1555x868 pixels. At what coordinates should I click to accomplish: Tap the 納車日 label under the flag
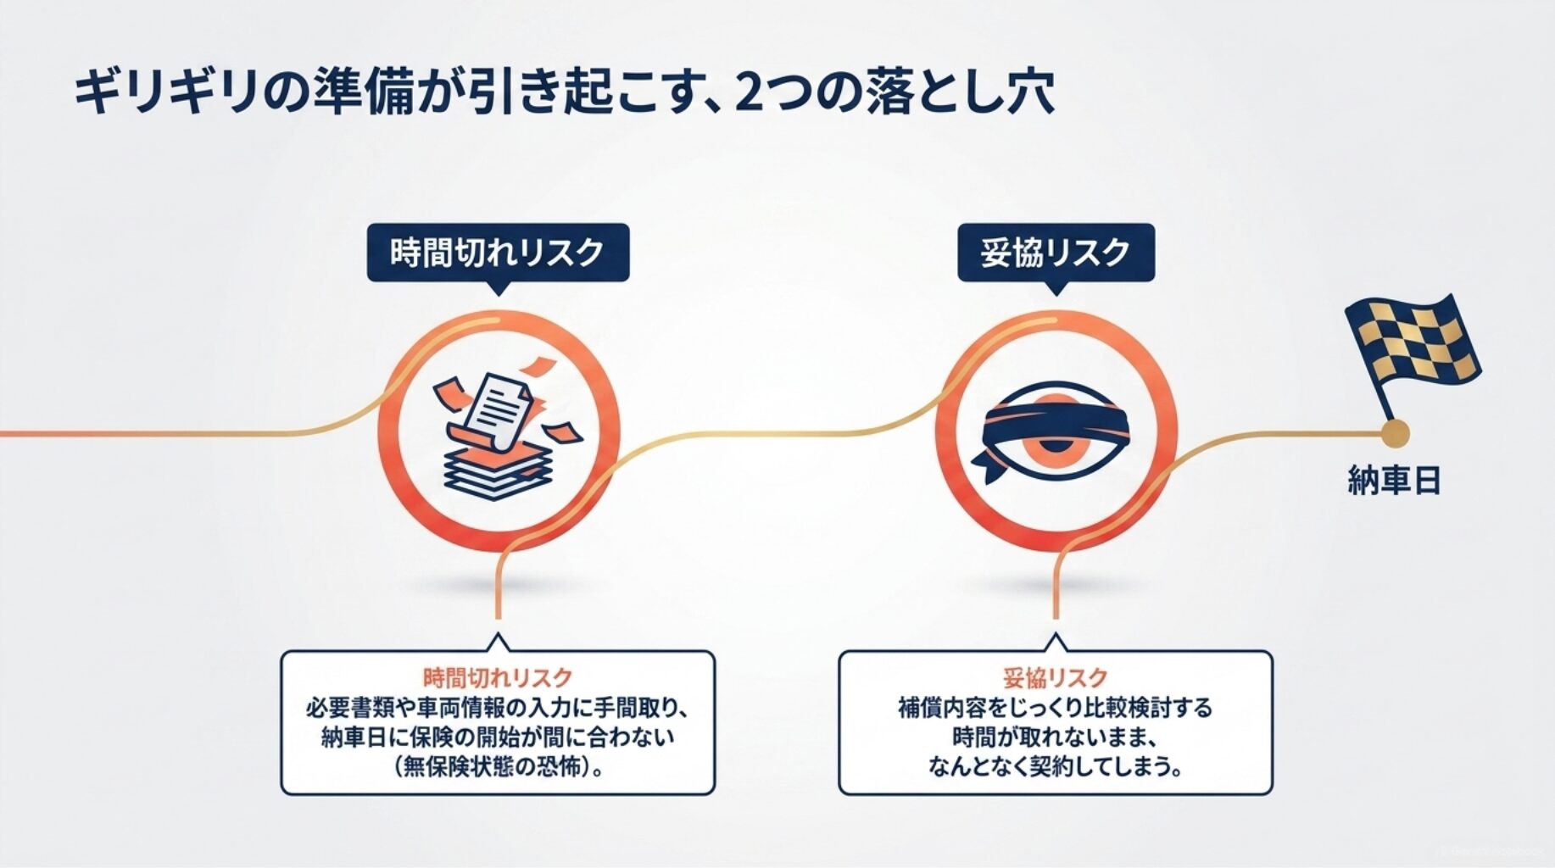coord(1394,481)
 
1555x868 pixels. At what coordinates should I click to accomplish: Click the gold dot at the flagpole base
coord(1394,434)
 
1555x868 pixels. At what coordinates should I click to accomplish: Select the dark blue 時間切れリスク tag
coord(498,253)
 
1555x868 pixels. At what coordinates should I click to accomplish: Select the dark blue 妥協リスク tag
coord(1056,253)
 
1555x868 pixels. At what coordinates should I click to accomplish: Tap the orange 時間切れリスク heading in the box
coord(498,677)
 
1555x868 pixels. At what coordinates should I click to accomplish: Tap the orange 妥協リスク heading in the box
coord(1056,677)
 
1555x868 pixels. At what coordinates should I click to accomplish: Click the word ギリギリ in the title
coord(165,93)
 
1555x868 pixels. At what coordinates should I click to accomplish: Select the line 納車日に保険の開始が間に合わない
coord(498,736)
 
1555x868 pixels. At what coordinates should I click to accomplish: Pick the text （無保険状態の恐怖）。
coord(498,765)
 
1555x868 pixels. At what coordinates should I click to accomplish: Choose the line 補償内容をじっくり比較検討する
coord(1056,707)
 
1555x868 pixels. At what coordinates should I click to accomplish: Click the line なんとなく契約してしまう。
coord(1056,765)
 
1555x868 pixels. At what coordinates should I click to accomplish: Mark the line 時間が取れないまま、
coord(1056,736)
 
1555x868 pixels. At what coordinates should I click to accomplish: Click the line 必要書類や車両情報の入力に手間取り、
coord(498,707)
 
